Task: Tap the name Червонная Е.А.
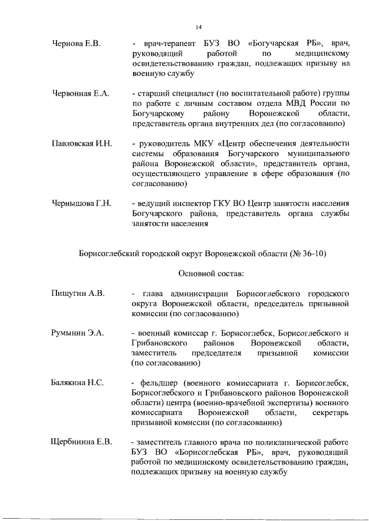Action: [81, 94]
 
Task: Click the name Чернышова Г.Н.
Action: [81, 204]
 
